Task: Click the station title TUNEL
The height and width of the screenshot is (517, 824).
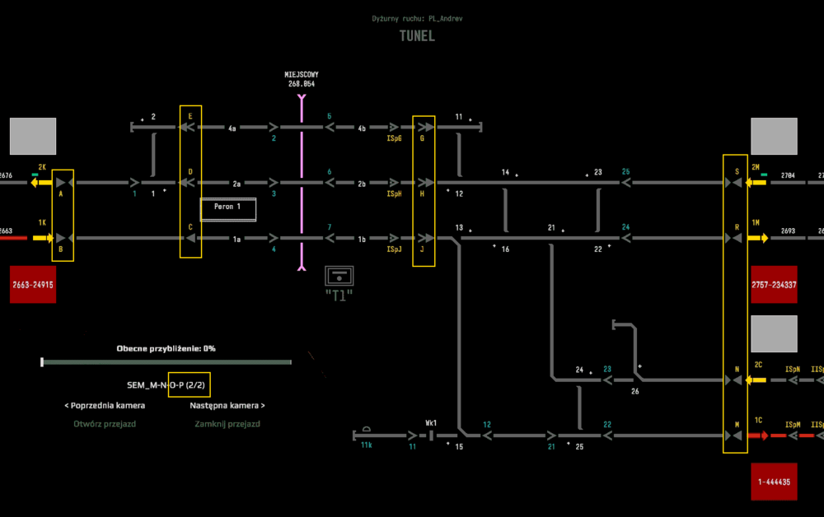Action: click(x=417, y=36)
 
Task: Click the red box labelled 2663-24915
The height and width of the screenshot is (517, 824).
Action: click(x=33, y=284)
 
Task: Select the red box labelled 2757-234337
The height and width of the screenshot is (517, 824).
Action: click(x=774, y=284)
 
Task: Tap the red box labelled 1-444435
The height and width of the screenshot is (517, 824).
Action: click(x=774, y=482)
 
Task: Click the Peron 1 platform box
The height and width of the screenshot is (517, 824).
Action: click(x=228, y=209)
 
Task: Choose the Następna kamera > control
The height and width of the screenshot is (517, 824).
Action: click(x=227, y=405)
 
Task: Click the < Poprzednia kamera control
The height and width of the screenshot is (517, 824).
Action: click(x=105, y=405)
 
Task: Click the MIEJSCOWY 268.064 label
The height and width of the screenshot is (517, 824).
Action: click(x=302, y=79)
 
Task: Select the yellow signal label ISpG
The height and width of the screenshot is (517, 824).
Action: click(x=394, y=139)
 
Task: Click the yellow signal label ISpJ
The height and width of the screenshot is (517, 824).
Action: click(x=394, y=249)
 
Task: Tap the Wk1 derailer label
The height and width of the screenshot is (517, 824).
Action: click(x=431, y=423)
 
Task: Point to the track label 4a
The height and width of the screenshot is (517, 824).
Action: click(x=232, y=128)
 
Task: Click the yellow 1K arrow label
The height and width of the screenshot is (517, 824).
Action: click(x=41, y=223)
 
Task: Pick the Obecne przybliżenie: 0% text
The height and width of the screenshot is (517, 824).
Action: click(x=166, y=348)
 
